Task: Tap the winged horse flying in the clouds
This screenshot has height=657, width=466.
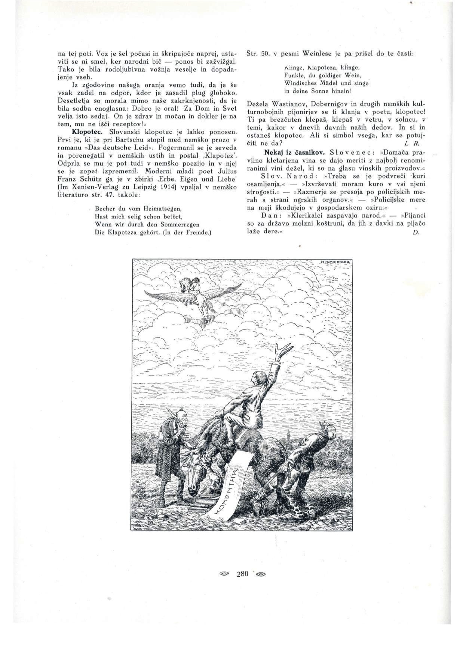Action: [194, 295]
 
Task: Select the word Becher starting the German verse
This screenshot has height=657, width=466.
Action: [104, 208]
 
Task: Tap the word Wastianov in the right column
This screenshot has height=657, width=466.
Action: [289, 103]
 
